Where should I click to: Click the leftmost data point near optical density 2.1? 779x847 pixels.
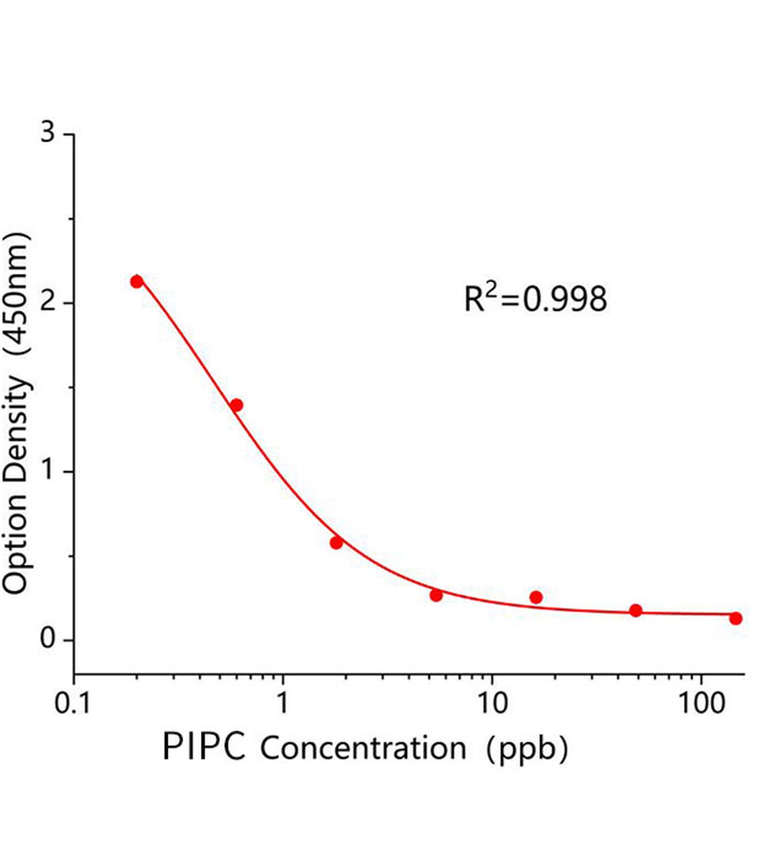tap(137, 281)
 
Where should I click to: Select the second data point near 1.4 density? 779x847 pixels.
tap(237, 405)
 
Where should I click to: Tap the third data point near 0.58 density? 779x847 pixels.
tap(336, 543)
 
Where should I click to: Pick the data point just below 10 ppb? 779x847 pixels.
tap(436, 595)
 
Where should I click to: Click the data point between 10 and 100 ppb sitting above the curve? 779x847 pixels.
tap(536, 597)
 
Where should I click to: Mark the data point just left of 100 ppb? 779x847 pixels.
tap(636, 610)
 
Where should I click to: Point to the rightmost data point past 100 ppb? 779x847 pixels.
tap(735, 618)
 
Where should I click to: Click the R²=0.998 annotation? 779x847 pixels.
tap(535, 299)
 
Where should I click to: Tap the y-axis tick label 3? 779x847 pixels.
tap(48, 132)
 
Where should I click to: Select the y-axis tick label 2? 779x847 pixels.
tap(48, 302)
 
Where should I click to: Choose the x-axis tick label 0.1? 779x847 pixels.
tap(73, 704)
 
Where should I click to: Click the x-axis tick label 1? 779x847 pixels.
tap(283, 704)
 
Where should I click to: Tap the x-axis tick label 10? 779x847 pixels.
tap(492, 704)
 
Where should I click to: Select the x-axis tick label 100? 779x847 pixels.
tap(701, 704)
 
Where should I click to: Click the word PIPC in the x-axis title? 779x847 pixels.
tap(204, 747)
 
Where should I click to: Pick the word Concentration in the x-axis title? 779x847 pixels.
tap(363, 749)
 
